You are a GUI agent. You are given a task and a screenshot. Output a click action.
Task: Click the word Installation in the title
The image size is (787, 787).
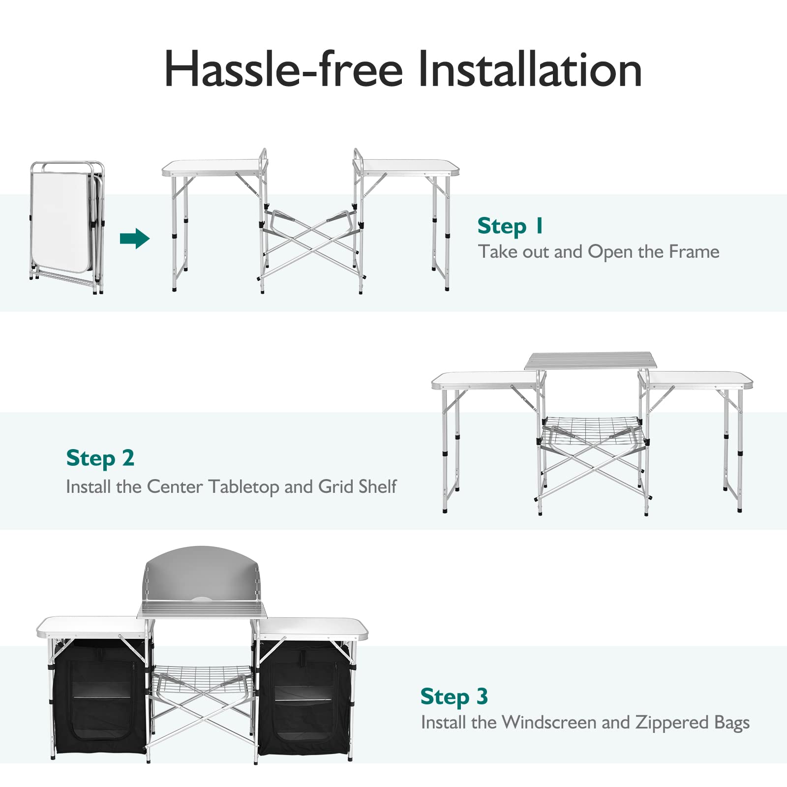(x=530, y=70)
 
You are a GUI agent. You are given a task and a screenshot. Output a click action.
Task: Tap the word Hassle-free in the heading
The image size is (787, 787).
(x=283, y=70)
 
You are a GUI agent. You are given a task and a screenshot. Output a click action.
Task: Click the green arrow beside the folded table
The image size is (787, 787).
(x=134, y=239)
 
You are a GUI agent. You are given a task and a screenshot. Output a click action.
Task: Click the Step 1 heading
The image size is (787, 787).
(x=510, y=226)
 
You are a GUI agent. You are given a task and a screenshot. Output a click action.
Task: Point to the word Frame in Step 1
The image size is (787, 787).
(x=694, y=252)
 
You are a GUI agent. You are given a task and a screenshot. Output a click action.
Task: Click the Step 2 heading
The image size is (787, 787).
(x=100, y=458)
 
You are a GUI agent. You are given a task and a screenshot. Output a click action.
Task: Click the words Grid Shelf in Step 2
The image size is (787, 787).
(x=357, y=486)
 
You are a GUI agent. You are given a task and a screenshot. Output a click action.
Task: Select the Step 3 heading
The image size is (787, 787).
(x=454, y=696)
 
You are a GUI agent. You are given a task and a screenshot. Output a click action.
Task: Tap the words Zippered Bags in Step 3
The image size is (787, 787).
(x=692, y=722)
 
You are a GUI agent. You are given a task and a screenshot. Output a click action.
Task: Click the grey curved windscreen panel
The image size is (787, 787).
(x=202, y=573)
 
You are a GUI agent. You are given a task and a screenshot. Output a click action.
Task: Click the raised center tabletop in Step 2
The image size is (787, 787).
(x=590, y=361)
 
